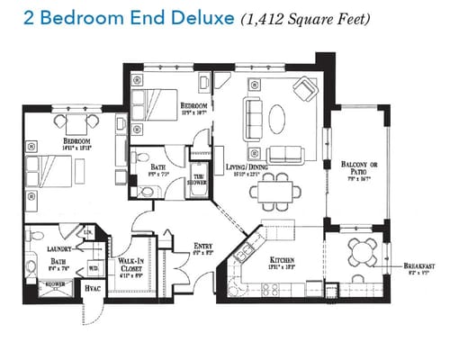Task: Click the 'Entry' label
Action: click(x=203, y=245)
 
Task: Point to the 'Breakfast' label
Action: click(x=420, y=266)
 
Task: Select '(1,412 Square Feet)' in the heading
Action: click(x=305, y=17)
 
